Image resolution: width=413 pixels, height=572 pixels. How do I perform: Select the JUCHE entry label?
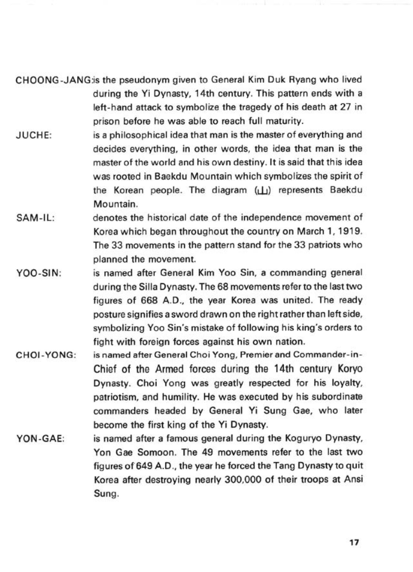click(x=34, y=136)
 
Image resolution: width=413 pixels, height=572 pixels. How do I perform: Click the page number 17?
click(x=354, y=543)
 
